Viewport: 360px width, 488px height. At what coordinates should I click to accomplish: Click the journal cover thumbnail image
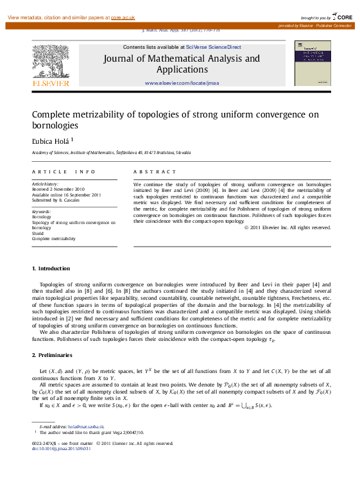(312, 63)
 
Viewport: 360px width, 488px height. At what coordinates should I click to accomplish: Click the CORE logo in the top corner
(341, 17)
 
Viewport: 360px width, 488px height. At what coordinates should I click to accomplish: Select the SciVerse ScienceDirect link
(214, 47)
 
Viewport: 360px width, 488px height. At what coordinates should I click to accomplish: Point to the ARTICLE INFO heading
(64, 172)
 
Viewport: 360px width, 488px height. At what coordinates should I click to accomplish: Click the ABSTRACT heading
(154, 172)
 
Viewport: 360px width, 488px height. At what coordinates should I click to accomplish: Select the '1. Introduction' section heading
(51, 268)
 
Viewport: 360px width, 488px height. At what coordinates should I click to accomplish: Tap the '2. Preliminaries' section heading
(52, 355)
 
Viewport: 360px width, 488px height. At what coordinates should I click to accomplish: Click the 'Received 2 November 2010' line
(58, 189)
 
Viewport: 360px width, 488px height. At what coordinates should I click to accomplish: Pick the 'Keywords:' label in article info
(41, 211)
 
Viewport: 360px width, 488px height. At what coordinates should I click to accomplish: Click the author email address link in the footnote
(86, 426)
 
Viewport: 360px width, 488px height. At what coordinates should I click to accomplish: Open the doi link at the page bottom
(61, 448)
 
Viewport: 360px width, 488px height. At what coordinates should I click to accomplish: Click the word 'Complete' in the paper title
(54, 114)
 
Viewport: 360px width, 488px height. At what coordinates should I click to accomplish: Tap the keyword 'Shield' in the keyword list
(38, 233)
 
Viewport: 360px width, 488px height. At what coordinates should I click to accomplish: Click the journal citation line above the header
(180, 30)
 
